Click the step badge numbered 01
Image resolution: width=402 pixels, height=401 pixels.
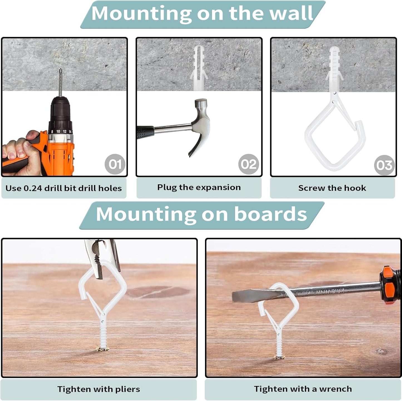[x=115, y=164]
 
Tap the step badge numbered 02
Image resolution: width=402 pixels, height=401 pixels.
[x=248, y=164]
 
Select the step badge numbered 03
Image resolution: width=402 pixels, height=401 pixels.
[x=384, y=165]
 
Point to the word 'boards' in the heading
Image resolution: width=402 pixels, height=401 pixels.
[x=271, y=214]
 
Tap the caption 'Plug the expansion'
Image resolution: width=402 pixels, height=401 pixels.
[x=199, y=187]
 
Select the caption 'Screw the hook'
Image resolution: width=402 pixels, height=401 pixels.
[x=332, y=188]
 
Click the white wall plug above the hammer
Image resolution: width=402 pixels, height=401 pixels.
[x=199, y=68]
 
